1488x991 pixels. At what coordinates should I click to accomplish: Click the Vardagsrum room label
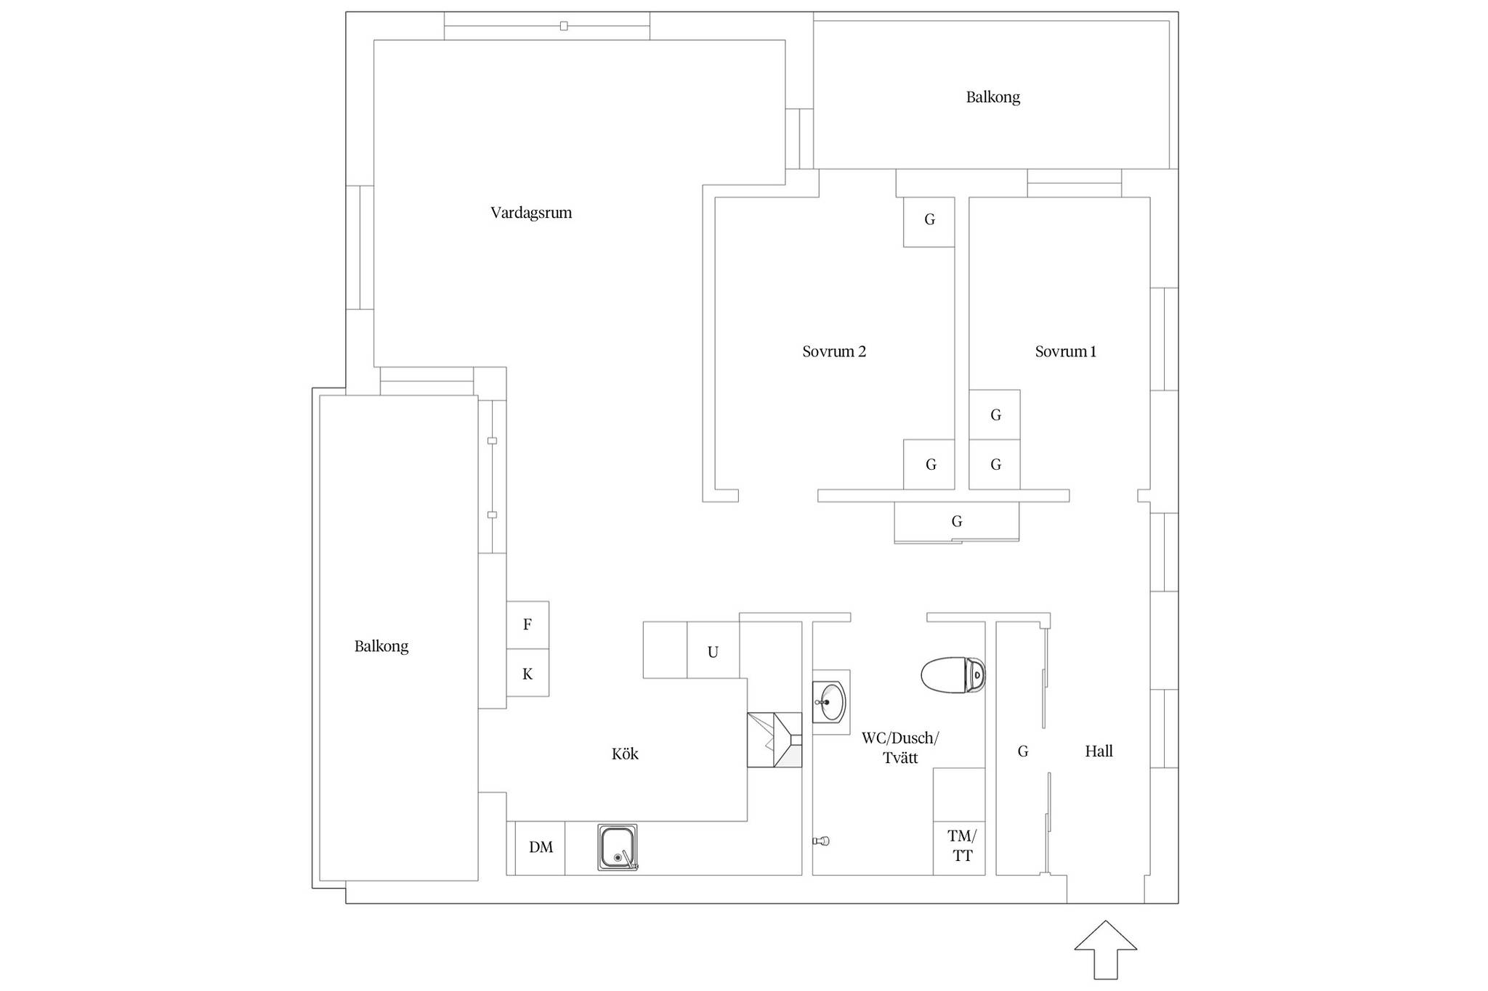tap(531, 213)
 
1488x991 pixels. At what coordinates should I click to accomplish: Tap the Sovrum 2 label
tap(834, 351)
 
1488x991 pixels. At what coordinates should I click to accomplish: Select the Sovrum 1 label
tap(1066, 351)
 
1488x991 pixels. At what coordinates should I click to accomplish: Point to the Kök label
tap(625, 754)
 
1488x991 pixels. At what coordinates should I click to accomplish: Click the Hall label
tap(1099, 751)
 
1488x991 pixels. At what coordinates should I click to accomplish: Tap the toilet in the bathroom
tap(953, 675)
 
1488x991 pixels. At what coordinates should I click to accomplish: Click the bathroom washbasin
tap(829, 702)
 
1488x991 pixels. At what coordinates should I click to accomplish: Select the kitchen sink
tap(618, 847)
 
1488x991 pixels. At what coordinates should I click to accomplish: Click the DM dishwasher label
tap(541, 847)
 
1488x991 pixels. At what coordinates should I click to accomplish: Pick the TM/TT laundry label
tap(962, 846)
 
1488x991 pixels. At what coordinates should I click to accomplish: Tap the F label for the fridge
tap(527, 624)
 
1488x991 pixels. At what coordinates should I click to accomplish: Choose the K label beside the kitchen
tap(527, 674)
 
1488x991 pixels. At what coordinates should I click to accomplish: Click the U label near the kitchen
tap(713, 652)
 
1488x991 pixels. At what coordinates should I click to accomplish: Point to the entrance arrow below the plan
tap(1105, 950)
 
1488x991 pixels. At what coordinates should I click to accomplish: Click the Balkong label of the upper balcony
tap(992, 97)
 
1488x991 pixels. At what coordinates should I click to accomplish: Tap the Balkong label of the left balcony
tap(381, 646)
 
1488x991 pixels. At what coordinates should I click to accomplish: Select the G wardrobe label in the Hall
tap(1023, 751)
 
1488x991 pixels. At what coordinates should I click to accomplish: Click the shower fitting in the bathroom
tap(821, 841)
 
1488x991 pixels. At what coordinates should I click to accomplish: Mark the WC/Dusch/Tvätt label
tap(900, 748)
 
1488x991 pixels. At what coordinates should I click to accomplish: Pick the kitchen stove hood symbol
tap(775, 740)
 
